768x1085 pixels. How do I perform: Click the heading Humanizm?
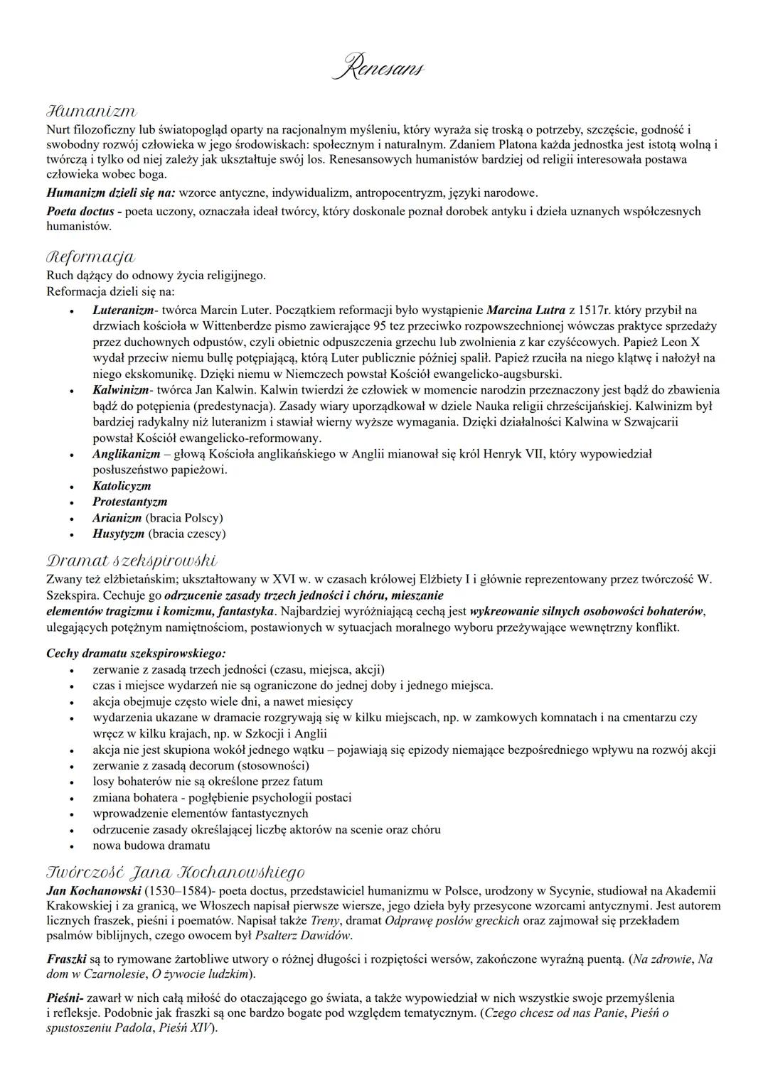[91, 112]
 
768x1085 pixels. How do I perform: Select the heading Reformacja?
[90, 257]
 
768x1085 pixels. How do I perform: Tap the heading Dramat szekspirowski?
[132, 561]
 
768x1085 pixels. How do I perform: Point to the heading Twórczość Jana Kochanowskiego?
[176, 872]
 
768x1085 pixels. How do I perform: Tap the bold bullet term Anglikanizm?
[126, 453]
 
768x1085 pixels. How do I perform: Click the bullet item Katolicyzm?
[122, 486]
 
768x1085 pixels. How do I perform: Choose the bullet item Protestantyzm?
[130, 502]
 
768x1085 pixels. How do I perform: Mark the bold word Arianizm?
[117, 518]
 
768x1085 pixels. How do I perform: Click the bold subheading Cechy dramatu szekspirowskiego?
[136, 653]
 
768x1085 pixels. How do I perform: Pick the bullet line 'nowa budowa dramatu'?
[151, 846]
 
